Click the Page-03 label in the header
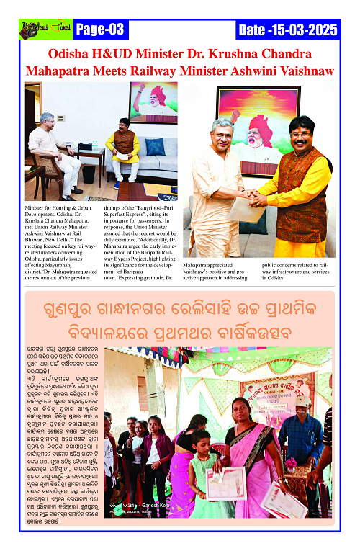pyautogui.click(x=100, y=30)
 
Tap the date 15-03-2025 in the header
pyautogui.click(x=287, y=30)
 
